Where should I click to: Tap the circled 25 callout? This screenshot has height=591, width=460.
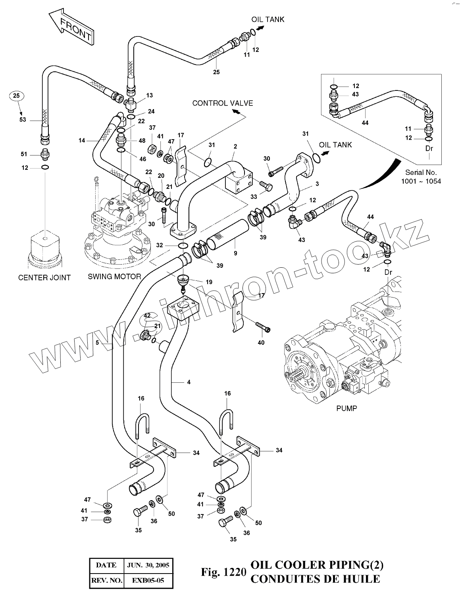click(x=16, y=96)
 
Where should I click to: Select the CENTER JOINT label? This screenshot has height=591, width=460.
click(x=44, y=278)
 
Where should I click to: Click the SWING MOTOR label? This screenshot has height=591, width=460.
click(x=114, y=276)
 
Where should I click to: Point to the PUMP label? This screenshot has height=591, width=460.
click(x=346, y=408)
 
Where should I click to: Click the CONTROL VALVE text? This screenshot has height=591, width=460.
click(x=222, y=104)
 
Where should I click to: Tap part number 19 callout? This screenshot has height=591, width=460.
click(x=209, y=282)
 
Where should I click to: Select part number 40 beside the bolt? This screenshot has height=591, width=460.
click(x=261, y=342)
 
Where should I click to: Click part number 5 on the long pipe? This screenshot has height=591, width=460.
click(x=97, y=342)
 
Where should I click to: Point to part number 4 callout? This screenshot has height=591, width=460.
click(x=189, y=382)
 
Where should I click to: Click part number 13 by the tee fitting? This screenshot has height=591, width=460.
click(x=149, y=96)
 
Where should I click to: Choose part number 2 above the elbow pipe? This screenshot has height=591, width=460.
click(x=235, y=146)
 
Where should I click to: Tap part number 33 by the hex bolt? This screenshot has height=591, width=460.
click(x=254, y=196)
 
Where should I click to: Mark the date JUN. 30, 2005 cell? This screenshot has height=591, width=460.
click(x=148, y=565)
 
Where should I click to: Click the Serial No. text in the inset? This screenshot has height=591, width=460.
click(x=421, y=173)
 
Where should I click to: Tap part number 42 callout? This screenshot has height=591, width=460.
click(x=147, y=316)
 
